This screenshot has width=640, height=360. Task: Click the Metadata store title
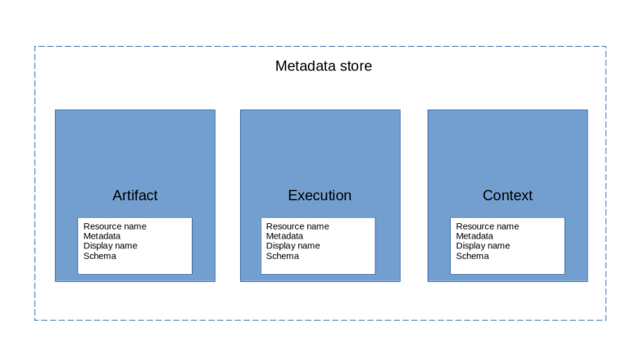tap(323, 66)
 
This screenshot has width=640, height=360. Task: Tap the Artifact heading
tap(134, 195)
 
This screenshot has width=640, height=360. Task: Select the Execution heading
tap(320, 195)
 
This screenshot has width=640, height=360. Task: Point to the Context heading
tap(507, 195)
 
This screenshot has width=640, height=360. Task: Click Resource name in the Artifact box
tap(115, 226)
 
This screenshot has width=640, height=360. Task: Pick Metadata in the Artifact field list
tap(102, 236)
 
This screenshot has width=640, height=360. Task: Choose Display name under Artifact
tap(110, 246)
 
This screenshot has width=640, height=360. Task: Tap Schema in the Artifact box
tap(99, 256)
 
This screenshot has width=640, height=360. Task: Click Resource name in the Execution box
tap(297, 226)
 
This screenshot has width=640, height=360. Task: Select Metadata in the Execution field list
tap(284, 236)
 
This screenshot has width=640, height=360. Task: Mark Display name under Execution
tap(293, 246)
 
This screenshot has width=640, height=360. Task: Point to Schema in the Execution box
tap(282, 256)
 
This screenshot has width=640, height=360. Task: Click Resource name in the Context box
tap(488, 226)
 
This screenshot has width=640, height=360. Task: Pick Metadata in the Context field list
tap(474, 236)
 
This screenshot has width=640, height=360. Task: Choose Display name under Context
tap(483, 246)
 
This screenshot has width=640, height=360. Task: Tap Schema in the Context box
tap(472, 256)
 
